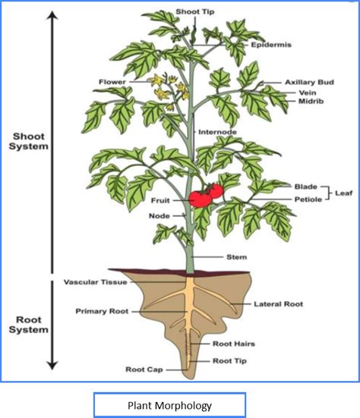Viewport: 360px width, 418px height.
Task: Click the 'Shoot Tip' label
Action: pyautogui.click(x=195, y=11)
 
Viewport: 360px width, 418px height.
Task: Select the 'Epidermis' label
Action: pyautogui.click(x=271, y=45)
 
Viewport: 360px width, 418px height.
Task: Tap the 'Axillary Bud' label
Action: pyautogui.click(x=309, y=82)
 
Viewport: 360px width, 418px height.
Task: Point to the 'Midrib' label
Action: pyautogui.click(x=311, y=101)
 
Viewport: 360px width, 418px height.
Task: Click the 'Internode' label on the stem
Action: pyautogui.click(x=217, y=132)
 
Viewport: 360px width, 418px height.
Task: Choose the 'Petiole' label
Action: pyautogui.click(x=308, y=200)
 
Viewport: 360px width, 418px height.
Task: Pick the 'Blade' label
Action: pyautogui.click(x=306, y=187)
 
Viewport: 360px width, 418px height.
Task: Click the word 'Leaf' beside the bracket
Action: pyautogui.click(x=344, y=193)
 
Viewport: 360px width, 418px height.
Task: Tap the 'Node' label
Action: pyautogui.click(x=159, y=215)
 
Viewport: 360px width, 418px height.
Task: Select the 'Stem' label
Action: pyautogui.click(x=236, y=257)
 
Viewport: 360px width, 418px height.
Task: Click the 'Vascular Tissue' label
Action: pyautogui.click(x=95, y=282)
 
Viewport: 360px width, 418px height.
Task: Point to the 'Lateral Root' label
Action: pyautogui.click(x=278, y=304)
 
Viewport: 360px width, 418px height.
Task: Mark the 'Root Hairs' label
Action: pyautogui.click(x=233, y=344)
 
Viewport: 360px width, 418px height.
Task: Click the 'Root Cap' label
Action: pyautogui.click(x=144, y=369)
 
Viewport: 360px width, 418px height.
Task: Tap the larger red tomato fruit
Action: pyautogui.click(x=201, y=199)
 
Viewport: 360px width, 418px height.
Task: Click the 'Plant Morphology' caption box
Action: pyautogui.click(x=169, y=405)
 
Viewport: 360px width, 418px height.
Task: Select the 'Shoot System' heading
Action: pyautogui.click(x=29, y=141)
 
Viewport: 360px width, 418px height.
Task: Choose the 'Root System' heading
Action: pyautogui.click(x=29, y=325)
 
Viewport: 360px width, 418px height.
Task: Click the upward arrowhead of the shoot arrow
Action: pyautogui.click(x=52, y=15)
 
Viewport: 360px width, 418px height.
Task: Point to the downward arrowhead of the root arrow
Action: pyautogui.click(x=52, y=366)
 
